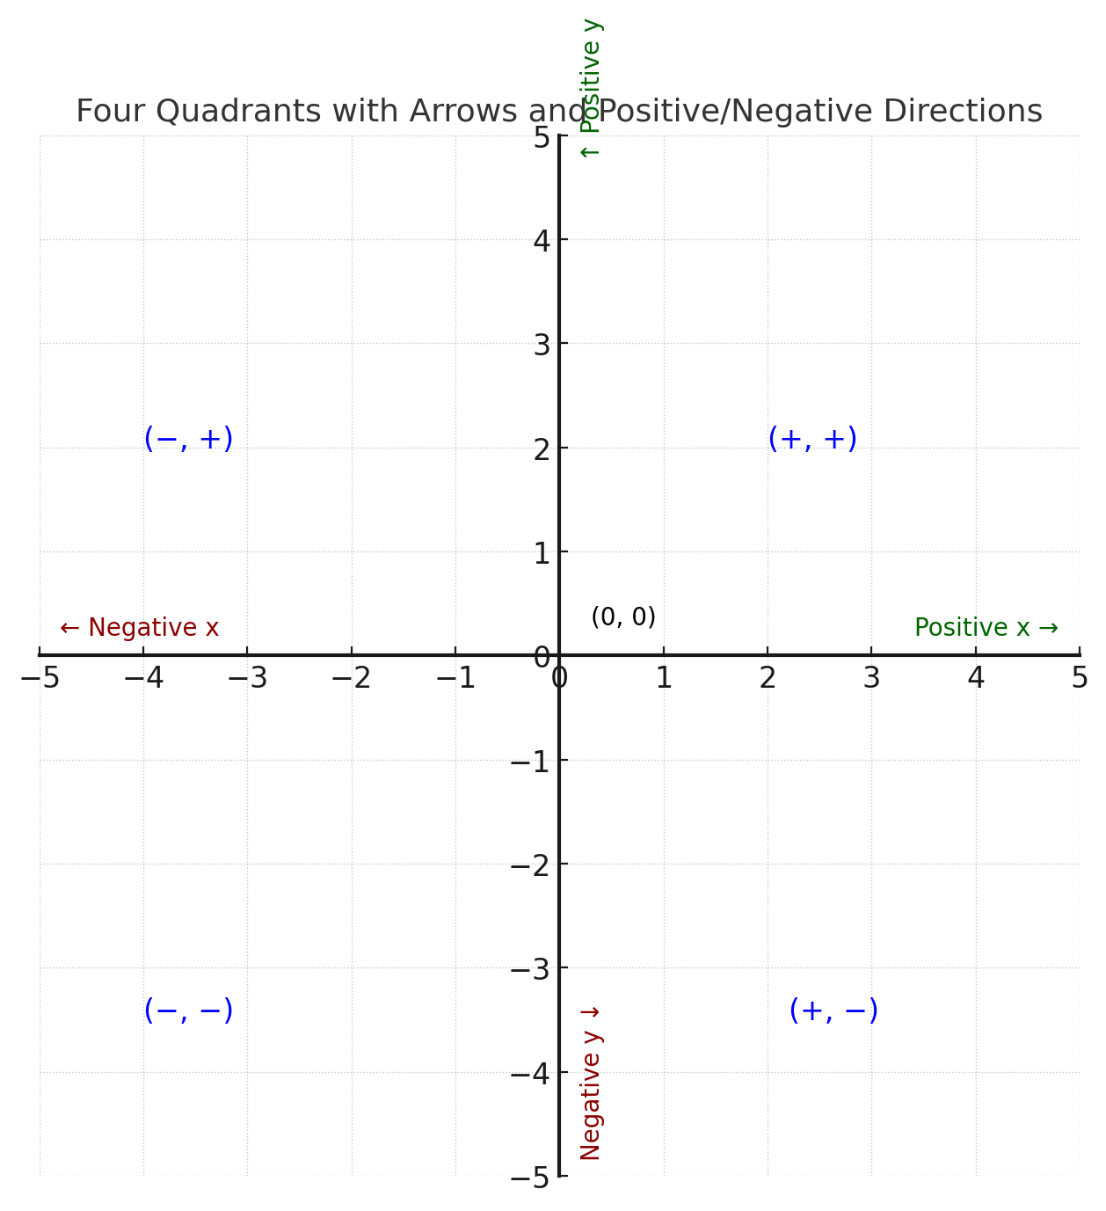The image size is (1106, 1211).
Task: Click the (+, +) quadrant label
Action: pos(811,439)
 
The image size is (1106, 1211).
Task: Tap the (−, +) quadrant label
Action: pos(188,439)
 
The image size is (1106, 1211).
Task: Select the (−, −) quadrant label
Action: pos(188,1010)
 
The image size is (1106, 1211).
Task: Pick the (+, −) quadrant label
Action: pos(833,1010)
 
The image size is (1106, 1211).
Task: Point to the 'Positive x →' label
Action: pos(986,628)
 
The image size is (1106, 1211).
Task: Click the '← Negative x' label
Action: pos(139,628)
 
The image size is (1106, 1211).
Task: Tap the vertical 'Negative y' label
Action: pos(591,1083)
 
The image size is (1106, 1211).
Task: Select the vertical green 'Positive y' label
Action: pos(591,88)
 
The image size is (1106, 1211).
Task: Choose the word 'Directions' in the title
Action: pos(962,112)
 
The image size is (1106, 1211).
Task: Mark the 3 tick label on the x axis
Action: pos(871,678)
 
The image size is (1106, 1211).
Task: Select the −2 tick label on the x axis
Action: pos(352,678)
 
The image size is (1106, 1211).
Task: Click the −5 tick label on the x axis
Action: pos(40,678)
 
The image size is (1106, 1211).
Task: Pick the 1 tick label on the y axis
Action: pos(542,553)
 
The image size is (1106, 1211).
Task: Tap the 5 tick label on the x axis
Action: pos(1079,678)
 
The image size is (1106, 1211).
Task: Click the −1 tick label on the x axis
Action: pos(455,678)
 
